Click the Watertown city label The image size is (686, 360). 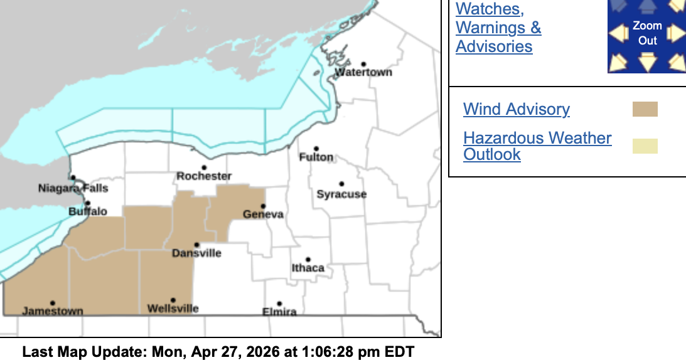coord(363,72)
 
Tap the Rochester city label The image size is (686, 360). coord(204,176)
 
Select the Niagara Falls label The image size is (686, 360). coord(73,188)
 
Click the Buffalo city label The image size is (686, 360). coord(87,212)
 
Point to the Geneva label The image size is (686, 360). coord(263,214)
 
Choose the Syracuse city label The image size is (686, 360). coord(341,194)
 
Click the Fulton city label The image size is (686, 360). coord(316,157)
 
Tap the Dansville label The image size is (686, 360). coord(196,253)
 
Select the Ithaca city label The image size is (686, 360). coord(308,268)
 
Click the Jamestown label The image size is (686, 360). coord(53,311)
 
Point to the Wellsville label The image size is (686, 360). coord(173,309)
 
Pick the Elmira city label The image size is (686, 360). coord(279,312)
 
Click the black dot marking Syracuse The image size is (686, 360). coord(341,184)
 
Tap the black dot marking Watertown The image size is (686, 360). coord(363,64)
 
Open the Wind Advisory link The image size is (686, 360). coord(516,109)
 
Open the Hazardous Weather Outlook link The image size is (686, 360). coord(537,146)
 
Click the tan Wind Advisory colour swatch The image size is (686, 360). coord(645,109)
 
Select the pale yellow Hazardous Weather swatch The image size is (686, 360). coord(645,146)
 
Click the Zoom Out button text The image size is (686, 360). coord(647,33)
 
